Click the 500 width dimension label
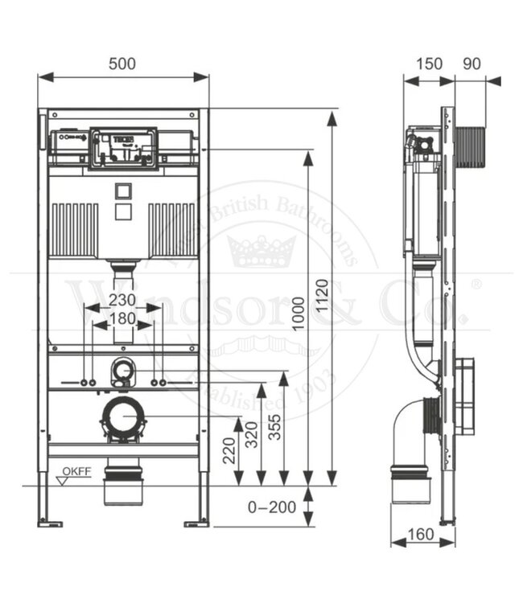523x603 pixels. point(123,64)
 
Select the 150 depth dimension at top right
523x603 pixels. point(429,64)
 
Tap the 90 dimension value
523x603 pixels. point(472,64)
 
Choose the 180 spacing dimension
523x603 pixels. point(123,318)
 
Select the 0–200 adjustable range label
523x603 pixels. point(271,507)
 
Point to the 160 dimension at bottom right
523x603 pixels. point(421,534)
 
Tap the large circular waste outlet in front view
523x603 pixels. point(123,417)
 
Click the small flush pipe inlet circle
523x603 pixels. point(123,371)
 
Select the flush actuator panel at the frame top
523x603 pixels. point(123,147)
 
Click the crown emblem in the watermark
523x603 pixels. point(261,250)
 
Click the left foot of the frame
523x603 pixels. point(51,523)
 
